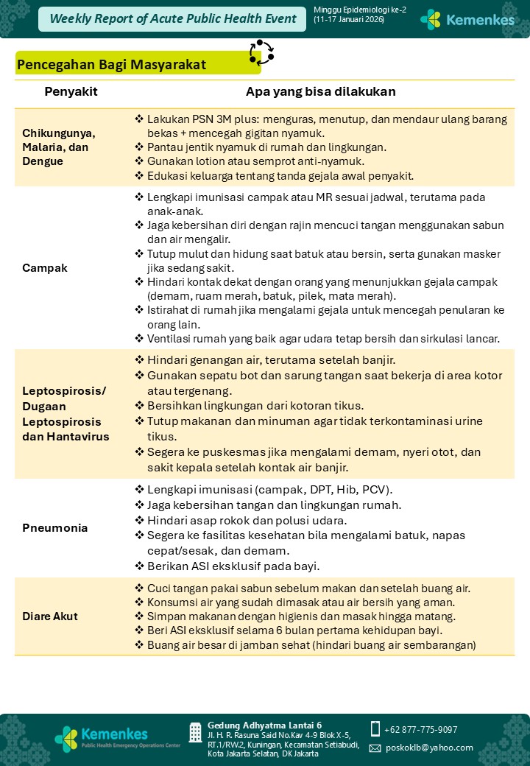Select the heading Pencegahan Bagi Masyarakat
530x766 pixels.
(x=112, y=65)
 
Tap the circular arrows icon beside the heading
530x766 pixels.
(x=261, y=52)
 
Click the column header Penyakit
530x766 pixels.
(x=71, y=92)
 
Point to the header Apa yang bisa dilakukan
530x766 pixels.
(x=320, y=92)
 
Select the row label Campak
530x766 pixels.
(x=45, y=268)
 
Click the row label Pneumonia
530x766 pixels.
(x=55, y=528)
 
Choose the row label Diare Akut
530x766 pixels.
(x=50, y=616)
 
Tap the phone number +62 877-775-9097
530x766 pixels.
(x=420, y=729)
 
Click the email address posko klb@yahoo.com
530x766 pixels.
(x=429, y=747)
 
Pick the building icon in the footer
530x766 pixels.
(x=195, y=732)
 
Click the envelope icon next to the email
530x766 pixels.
(x=375, y=748)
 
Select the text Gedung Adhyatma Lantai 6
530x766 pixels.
(x=264, y=725)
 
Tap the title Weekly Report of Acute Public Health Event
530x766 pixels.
(x=173, y=19)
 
